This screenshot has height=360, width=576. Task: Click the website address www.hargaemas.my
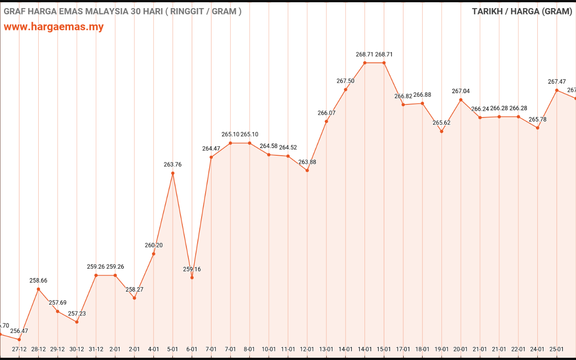[x=54, y=27]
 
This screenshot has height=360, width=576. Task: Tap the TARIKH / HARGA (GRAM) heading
[x=522, y=11]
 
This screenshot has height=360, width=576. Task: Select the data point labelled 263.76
[x=173, y=173]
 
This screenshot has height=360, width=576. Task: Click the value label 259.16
[x=192, y=269]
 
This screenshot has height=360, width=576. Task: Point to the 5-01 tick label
[x=173, y=349]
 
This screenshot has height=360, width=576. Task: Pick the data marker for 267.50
[x=346, y=90]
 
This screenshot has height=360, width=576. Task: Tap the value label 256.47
[x=19, y=331]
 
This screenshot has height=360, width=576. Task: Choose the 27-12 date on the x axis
[x=19, y=349]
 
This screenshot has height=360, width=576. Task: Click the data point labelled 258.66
[x=38, y=289]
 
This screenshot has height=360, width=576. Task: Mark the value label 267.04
[x=461, y=91]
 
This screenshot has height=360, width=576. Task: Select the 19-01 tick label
[x=441, y=349]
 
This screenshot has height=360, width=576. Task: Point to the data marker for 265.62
[x=441, y=131]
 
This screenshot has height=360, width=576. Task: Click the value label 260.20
[x=153, y=245]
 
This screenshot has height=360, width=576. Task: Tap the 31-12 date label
[x=96, y=349]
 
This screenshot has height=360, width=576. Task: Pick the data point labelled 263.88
[x=307, y=171]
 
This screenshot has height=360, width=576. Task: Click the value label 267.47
[x=557, y=82]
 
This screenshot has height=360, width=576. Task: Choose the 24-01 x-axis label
[x=537, y=349]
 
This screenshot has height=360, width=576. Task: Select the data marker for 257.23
[x=77, y=322]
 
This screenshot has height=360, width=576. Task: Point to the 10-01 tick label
[x=269, y=349]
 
